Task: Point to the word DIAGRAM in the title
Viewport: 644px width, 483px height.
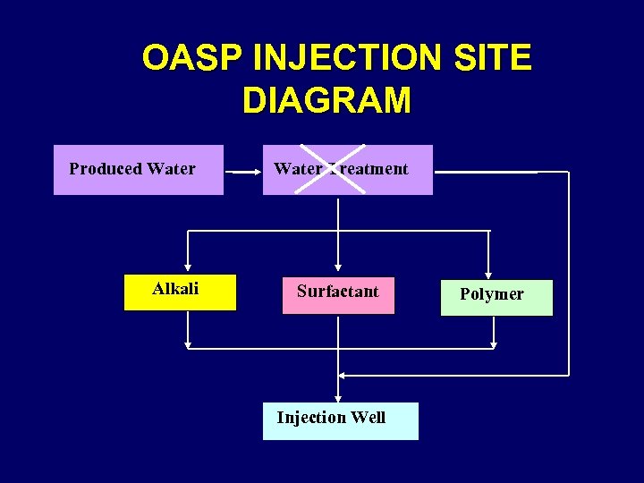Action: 326,101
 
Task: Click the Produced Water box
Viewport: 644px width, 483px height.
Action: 139,170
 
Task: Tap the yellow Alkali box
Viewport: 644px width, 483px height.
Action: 180,292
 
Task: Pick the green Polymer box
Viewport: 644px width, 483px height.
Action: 496,298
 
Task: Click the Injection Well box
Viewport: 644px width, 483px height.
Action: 340,420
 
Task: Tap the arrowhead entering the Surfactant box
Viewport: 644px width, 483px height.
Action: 338,266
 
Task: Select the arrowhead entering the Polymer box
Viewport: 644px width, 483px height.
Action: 487,274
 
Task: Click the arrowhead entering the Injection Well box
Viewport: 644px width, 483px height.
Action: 338,398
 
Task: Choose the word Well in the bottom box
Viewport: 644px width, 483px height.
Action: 369,418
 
